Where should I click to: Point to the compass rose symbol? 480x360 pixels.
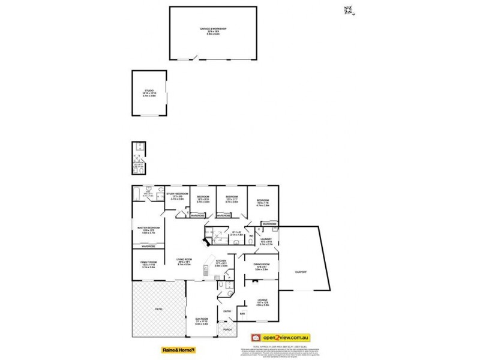coord(347,10)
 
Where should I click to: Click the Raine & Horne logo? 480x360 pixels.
coord(179,349)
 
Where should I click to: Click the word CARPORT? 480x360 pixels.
coord(301,272)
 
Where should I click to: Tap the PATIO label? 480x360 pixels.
coord(159,309)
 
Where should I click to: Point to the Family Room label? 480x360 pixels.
coord(148,264)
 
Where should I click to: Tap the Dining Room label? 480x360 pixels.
coord(262,265)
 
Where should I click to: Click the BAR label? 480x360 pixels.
coord(243,314)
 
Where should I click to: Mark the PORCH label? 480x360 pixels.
coord(227,330)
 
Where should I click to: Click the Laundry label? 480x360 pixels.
coord(266,241)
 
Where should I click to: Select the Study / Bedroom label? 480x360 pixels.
coord(178,196)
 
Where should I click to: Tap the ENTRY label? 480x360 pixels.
coord(227,311)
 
